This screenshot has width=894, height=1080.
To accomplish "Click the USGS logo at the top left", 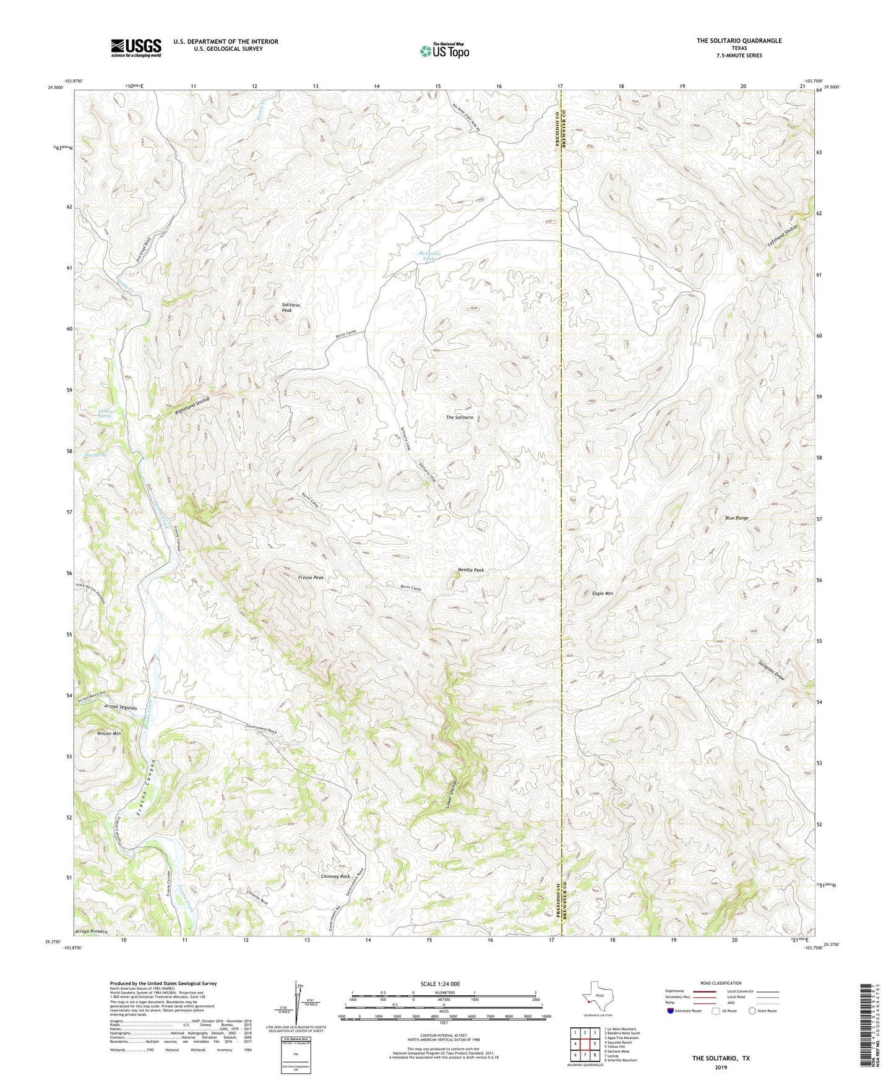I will tap(136, 48).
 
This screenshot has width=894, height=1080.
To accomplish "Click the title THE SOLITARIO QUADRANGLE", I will tap(739, 41).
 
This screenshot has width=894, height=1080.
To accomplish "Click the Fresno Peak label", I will tap(311, 577).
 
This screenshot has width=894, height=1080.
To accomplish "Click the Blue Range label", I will tap(736, 518).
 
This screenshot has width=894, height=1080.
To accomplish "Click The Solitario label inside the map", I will tap(459, 418).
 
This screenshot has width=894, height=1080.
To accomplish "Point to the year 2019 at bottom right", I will tap(721, 1067).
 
